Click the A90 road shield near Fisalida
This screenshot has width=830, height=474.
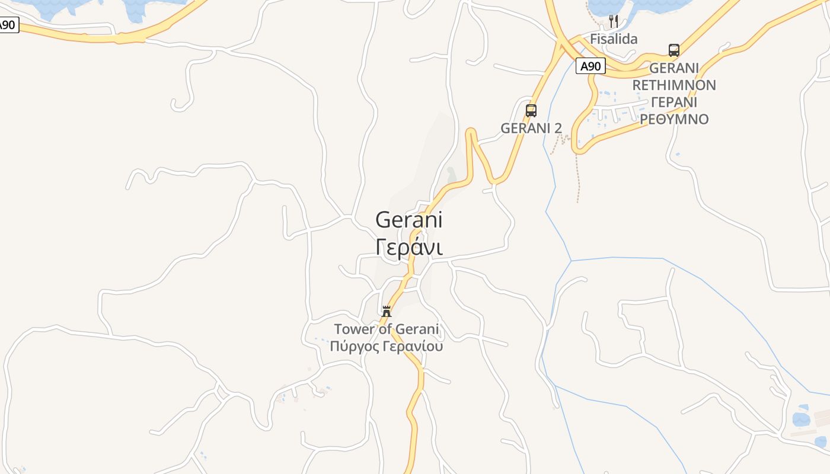590,66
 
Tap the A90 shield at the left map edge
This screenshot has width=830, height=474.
8,25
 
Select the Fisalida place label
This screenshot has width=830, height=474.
614,39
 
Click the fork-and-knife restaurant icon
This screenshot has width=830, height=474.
614,22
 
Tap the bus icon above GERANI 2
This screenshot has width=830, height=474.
531,111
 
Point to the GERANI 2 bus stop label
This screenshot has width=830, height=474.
531,128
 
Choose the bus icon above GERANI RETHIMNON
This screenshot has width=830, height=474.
674,50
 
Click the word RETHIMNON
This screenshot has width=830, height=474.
674,85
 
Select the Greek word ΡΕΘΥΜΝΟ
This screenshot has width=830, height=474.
674,119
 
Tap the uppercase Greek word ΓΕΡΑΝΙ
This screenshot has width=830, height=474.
674,102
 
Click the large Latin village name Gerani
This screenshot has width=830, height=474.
409,220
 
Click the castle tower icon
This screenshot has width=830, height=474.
387,311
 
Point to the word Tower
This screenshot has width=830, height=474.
355,329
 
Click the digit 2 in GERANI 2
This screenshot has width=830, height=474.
557,128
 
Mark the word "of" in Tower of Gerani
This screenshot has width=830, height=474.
385,329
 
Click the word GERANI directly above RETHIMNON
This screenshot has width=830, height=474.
674,68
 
